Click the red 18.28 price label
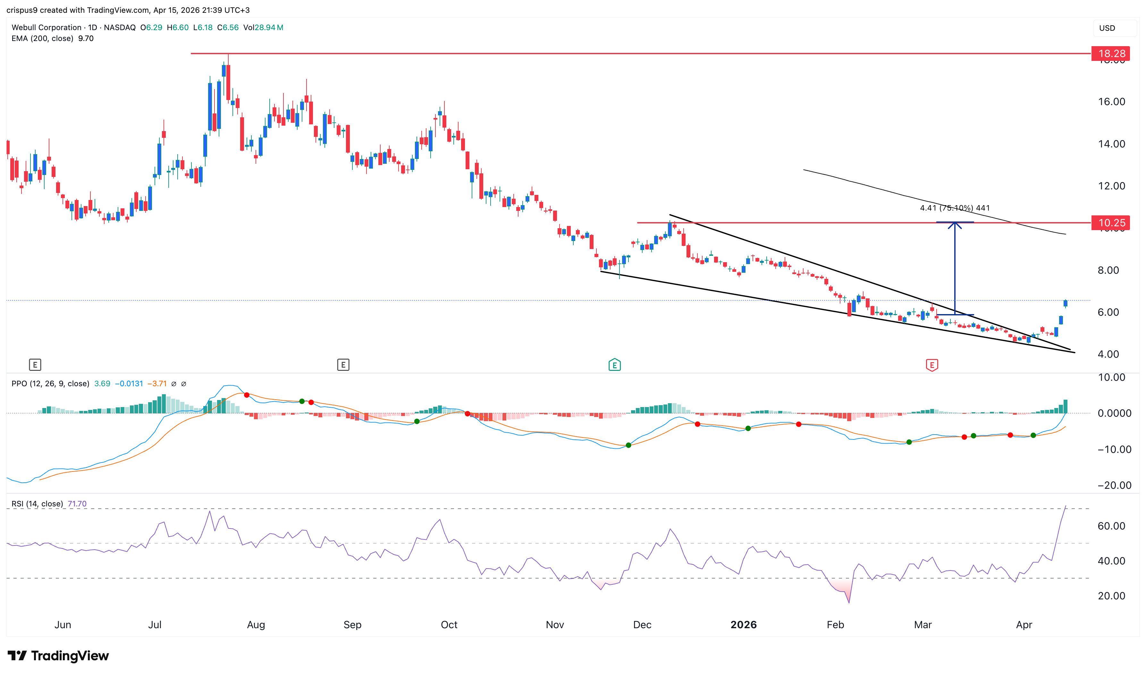point(1111,54)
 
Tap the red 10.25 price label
point(1111,223)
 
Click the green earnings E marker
point(614,365)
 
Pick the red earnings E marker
point(932,365)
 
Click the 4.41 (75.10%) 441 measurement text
point(955,208)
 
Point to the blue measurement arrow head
point(955,225)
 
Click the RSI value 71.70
point(77,504)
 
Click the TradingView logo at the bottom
point(58,656)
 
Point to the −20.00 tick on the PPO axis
point(1114,485)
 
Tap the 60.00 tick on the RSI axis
point(1111,526)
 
